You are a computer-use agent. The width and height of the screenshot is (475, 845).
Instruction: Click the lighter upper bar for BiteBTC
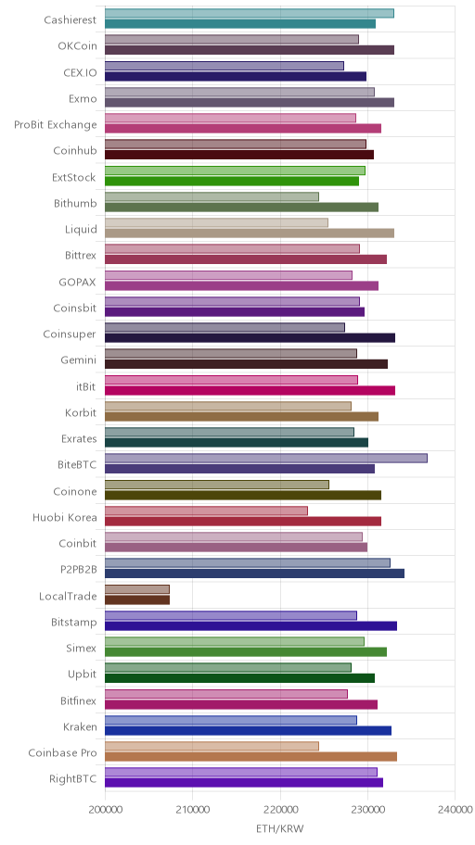tap(266, 458)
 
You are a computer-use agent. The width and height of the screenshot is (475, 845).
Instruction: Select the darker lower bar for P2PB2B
tap(254, 574)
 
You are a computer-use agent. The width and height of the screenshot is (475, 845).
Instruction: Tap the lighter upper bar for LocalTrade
tap(137, 589)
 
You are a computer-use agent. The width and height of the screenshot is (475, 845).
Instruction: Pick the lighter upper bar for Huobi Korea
tap(206, 511)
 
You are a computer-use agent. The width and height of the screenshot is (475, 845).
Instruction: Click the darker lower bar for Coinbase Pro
tap(250, 757)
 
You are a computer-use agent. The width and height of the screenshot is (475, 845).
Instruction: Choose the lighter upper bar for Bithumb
tap(212, 196)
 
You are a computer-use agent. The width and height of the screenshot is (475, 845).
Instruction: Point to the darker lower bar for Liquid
tap(250, 233)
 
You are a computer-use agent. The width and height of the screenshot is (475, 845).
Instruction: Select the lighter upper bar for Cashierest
tap(250, 14)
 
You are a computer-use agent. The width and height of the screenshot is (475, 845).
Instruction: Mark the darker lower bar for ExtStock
tap(232, 181)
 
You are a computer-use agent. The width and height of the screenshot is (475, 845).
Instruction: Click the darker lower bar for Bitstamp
tap(250, 625)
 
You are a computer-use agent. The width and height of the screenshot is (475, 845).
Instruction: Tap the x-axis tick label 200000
tap(105, 810)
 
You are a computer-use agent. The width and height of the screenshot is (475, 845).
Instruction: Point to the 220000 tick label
tap(280, 810)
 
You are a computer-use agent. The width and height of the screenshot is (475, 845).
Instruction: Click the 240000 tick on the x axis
tap(455, 810)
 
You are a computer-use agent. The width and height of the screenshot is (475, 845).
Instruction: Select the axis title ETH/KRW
tap(279, 828)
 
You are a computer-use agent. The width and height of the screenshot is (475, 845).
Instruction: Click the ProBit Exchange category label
tap(56, 125)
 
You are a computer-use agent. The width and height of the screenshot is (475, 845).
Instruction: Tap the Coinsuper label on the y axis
tap(70, 334)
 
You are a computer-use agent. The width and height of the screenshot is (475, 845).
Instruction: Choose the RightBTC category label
tap(73, 778)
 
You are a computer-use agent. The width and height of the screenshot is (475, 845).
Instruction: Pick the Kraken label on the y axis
tap(80, 726)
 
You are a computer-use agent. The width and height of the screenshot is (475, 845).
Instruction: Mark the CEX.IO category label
tap(81, 73)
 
